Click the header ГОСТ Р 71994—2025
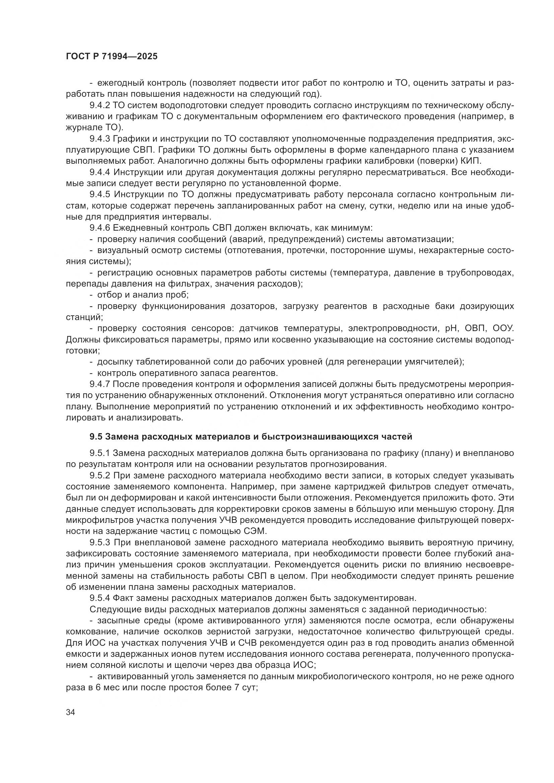point(112,57)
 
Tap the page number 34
point(70,712)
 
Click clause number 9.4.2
point(100,105)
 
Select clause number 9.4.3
point(100,139)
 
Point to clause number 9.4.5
point(100,194)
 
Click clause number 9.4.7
point(100,384)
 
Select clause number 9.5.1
point(100,453)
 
